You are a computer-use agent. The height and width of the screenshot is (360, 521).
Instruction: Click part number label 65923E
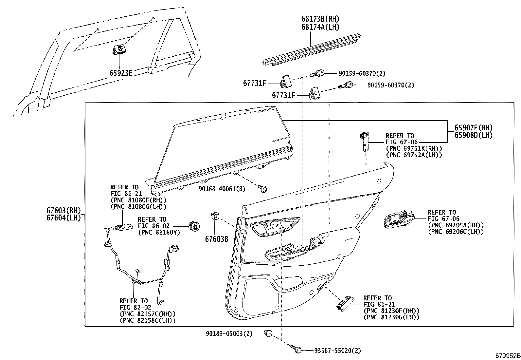pos(121,73)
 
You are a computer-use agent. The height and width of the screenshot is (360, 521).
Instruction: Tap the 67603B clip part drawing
pos(215,217)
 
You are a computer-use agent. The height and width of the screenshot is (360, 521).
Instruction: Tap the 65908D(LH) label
pos(473,135)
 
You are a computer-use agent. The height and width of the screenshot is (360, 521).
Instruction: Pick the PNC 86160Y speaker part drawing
pos(194,226)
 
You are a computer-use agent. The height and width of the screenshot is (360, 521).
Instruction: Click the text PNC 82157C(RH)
pos(148,313)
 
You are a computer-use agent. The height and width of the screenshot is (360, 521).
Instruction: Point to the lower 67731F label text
pos(284,95)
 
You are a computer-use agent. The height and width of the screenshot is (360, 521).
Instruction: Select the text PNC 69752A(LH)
pos(414,155)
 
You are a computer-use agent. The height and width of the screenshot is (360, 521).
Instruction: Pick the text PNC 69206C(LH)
pos(456,232)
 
